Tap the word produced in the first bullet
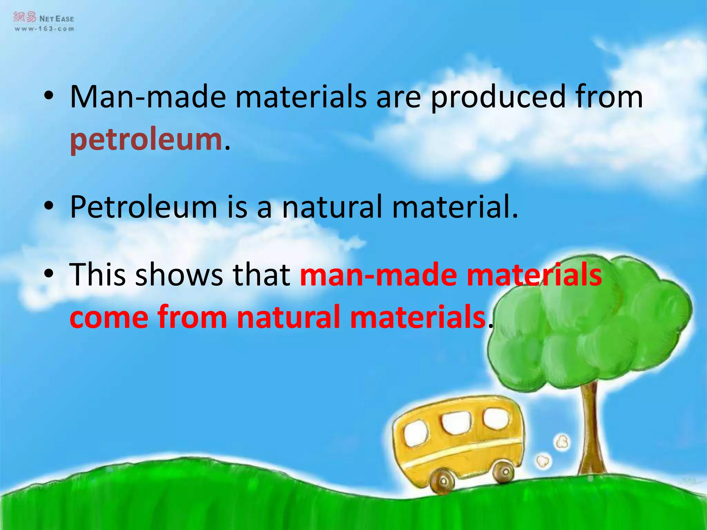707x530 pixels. pos(498,98)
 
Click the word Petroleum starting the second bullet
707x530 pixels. pos(143,207)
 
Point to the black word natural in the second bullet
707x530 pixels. pos(332,207)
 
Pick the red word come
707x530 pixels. pos(109,317)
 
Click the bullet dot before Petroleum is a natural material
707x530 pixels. pos(49,206)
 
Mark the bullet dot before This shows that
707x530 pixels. pos(49,274)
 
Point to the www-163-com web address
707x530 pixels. pos(44,29)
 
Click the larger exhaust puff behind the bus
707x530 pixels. pos(561,442)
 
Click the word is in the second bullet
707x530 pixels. pos(237,207)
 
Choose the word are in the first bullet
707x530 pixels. pos(398,98)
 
